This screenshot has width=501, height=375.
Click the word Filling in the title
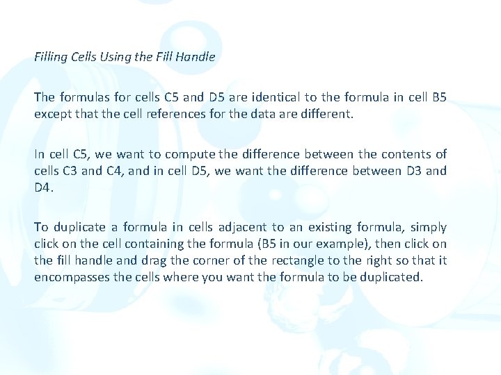[x=50, y=57]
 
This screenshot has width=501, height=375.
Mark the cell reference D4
[x=44, y=187]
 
